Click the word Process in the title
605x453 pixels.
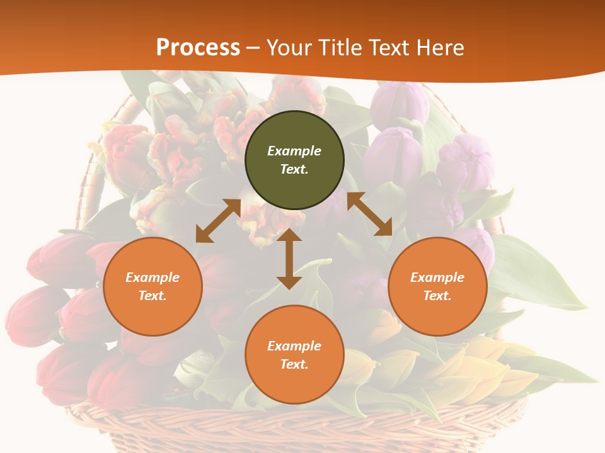[x=198, y=48]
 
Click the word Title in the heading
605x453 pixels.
[x=340, y=48]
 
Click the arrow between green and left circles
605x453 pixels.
[x=218, y=221]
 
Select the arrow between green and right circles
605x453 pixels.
[x=369, y=214]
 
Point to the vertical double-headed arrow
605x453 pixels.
[x=289, y=259]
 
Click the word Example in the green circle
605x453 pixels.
[x=294, y=151]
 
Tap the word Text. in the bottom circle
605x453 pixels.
[x=294, y=364]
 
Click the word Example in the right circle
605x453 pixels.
[x=437, y=277]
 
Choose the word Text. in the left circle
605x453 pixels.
[x=153, y=296]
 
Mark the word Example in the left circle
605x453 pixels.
[x=153, y=277]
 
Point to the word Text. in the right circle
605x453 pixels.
[x=437, y=296]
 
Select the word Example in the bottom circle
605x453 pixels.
[x=294, y=346]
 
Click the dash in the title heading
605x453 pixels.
[x=253, y=48]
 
